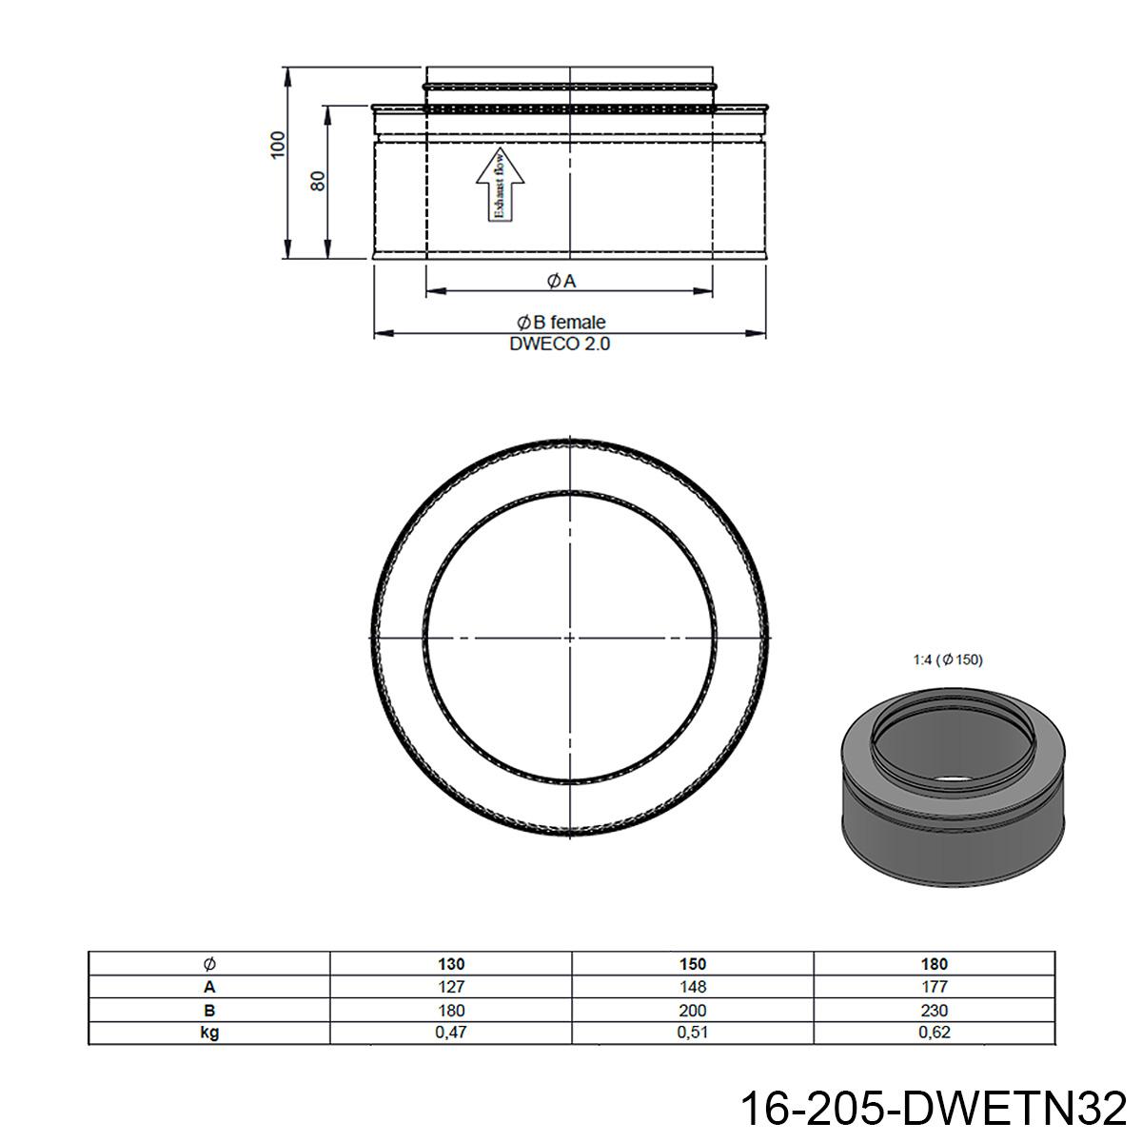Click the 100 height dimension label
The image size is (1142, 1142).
(277, 145)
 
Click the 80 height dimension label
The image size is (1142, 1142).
(318, 181)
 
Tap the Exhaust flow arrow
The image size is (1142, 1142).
(501, 185)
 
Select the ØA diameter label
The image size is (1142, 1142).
(561, 281)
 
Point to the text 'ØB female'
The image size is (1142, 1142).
(561, 322)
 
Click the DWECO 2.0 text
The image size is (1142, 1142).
(560, 344)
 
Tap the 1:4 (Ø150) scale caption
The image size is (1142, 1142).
(948, 660)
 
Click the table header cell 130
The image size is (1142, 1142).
(451, 964)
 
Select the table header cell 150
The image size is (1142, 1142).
(693, 964)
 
